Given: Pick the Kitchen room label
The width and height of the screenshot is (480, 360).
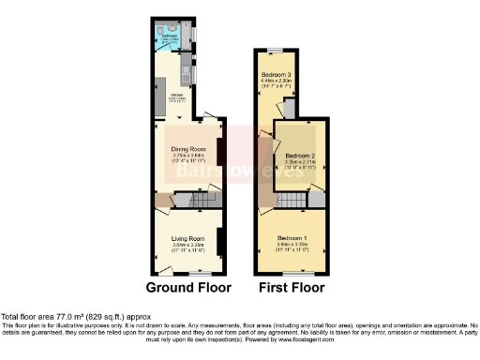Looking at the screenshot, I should pyautogui.click(x=178, y=96).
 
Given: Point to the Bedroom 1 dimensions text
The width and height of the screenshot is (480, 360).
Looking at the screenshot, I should pyautogui.click(x=289, y=247).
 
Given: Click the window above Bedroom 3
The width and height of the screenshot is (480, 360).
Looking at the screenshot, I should pyautogui.click(x=276, y=49).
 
